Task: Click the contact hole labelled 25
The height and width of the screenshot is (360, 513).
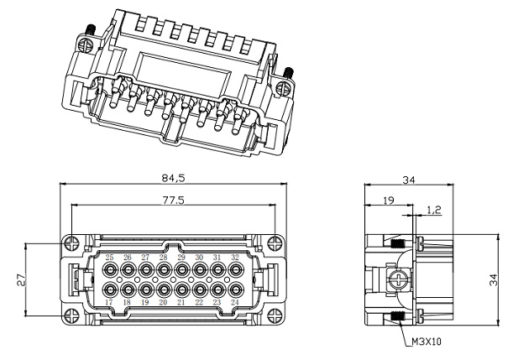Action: point(110,270)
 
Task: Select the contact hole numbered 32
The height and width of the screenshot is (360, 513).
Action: point(235,270)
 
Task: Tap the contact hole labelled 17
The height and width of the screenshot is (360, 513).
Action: point(110,290)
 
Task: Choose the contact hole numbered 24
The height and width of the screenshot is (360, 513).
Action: point(235,290)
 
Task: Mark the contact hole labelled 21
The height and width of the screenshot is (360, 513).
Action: point(181,290)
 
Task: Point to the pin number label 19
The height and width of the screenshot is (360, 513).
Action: point(145,302)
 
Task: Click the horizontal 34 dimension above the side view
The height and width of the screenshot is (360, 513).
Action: point(408,179)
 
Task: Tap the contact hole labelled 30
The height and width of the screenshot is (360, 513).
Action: point(199,270)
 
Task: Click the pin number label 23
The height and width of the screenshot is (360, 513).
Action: point(217,302)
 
